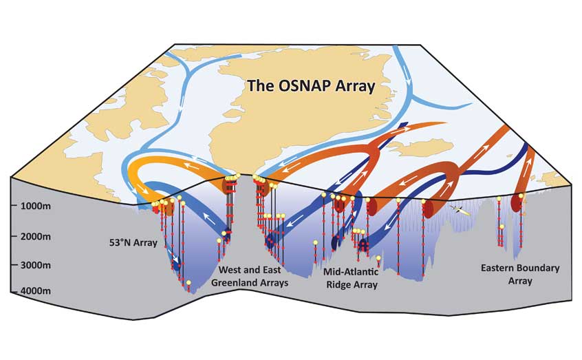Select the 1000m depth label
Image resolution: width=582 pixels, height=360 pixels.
click(36, 207)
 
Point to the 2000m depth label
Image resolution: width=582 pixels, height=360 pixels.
click(36, 236)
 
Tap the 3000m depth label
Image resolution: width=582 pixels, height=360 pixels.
click(36, 265)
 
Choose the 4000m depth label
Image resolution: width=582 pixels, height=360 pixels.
click(36, 291)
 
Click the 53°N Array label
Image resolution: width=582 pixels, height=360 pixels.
click(133, 243)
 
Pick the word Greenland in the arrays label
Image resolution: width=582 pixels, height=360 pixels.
click(232, 283)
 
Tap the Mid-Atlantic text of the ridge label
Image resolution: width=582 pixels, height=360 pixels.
click(351, 272)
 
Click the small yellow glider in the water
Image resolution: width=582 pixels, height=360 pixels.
click(459, 210)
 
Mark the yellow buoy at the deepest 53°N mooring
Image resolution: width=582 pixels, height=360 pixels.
click(188, 283)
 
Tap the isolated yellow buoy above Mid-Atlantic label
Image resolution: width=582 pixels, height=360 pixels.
click(378, 258)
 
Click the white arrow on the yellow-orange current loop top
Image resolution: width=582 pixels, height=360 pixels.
click(190, 166)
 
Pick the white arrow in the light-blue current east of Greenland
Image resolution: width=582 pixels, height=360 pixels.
click(407, 77)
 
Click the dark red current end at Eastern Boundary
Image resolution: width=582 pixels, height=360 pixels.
click(515, 202)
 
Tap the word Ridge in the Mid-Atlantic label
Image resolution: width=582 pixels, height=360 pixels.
click(337, 286)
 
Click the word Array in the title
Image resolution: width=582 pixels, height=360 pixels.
click(355, 87)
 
